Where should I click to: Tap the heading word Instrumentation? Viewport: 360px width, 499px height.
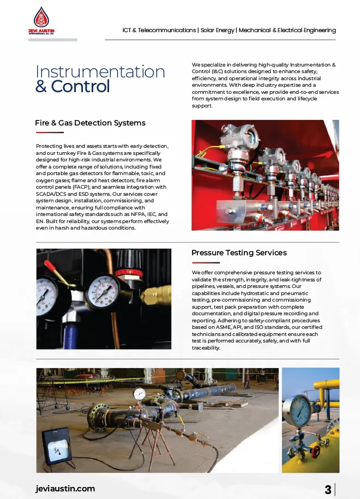(x=100, y=71)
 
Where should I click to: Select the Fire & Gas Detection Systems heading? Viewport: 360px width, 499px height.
(x=90, y=123)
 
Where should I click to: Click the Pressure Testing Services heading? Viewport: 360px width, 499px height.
(x=239, y=252)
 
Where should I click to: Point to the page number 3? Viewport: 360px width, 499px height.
(x=328, y=489)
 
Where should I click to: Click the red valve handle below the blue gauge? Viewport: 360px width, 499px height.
(x=316, y=450)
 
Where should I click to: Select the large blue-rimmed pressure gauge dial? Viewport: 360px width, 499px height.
(x=297, y=410)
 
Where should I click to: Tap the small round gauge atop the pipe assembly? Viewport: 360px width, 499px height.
(x=140, y=393)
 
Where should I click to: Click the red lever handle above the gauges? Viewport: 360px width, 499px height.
(x=52, y=267)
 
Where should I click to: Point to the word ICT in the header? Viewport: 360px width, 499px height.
(x=128, y=30)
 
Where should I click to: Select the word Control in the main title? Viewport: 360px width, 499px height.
(x=80, y=86)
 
